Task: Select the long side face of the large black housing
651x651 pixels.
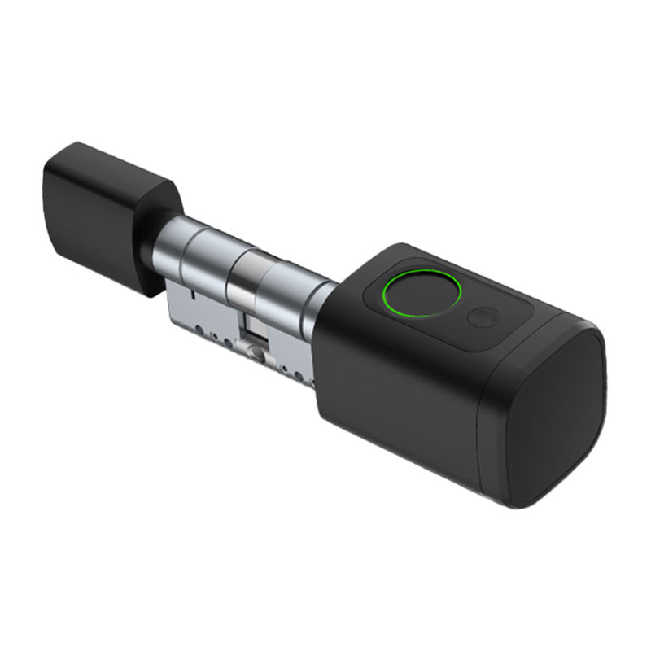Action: point(391,399)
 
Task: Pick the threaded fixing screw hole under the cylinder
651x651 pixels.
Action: point(257,354)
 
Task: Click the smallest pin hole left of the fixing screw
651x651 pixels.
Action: point(216,335)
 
